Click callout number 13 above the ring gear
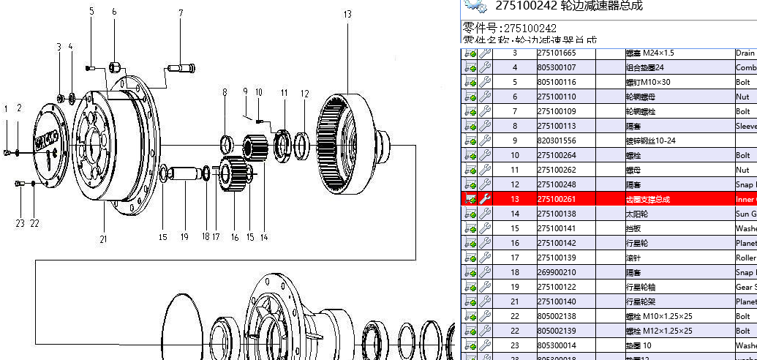coord(347,14)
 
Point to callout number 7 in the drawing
coord(180,12)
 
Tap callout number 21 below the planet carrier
coord(103,219)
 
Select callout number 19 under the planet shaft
coord(185,236)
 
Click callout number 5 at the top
coord(91,12)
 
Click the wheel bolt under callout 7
coord(181,69)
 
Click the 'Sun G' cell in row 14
coord(745,214)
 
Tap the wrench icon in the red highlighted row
coord(485,199)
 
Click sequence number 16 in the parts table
coord(514,243)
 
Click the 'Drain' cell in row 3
coord(745,53)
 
